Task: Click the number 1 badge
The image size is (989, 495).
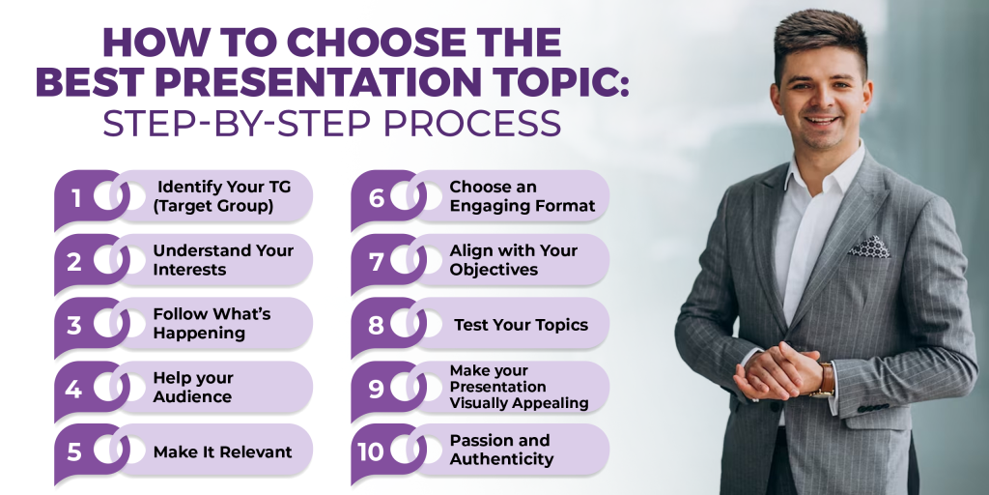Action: [x=76, y=198]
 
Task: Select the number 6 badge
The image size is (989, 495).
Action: [x=376, y=198]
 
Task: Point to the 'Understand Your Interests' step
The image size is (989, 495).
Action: [x=223, y=260]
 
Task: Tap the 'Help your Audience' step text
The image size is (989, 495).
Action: [x=193, y=387]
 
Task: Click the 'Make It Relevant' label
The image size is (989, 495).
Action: [x=222, y=451]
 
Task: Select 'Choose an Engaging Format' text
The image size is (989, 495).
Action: [x=522, y=196]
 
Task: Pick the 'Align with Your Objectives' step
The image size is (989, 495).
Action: [x=513, y=260]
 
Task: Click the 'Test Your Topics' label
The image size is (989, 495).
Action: [x=521, y=325]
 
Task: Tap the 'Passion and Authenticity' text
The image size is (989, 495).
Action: [x=501, y=450]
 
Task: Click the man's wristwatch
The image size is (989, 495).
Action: [x=827, y=378]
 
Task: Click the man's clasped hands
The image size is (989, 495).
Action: [x=778, y=369]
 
